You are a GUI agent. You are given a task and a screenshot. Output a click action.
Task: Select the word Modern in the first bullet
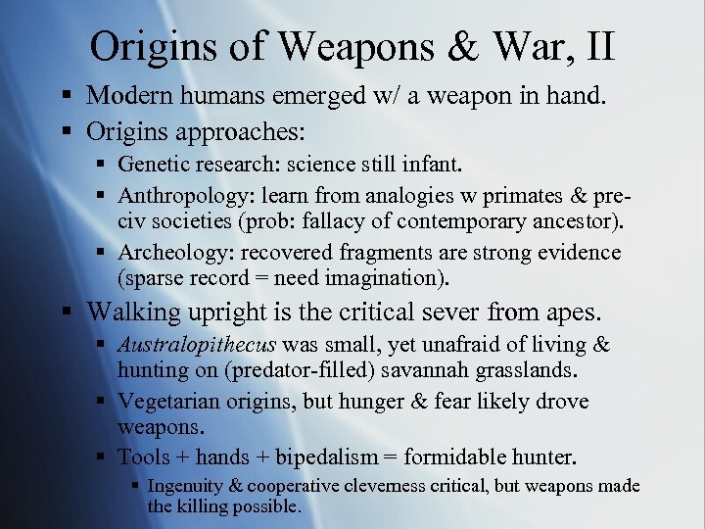[128, 96]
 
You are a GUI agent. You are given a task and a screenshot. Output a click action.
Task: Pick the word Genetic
[152, 168]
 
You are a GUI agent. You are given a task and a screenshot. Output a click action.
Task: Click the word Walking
[132, 313]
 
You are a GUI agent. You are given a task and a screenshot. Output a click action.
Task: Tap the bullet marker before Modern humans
[66, 96]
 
